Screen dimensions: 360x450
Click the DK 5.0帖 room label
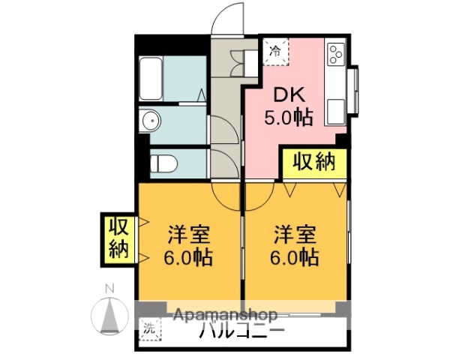(x=287, y=106)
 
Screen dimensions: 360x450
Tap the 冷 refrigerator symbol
(x=275, y=52)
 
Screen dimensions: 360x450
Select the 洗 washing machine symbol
(x=150, y=328)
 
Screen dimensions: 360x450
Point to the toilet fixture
(x=161, y=163)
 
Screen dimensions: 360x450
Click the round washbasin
(x=151, y=121)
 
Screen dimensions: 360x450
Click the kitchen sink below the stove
(x=334, y=109)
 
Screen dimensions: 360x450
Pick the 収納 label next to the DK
(x=313, y=162)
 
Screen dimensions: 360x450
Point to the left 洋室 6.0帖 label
(x=189, y=246)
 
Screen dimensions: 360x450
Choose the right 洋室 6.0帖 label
(x=295, y=246)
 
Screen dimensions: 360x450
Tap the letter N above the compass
(x=109, y=288)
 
